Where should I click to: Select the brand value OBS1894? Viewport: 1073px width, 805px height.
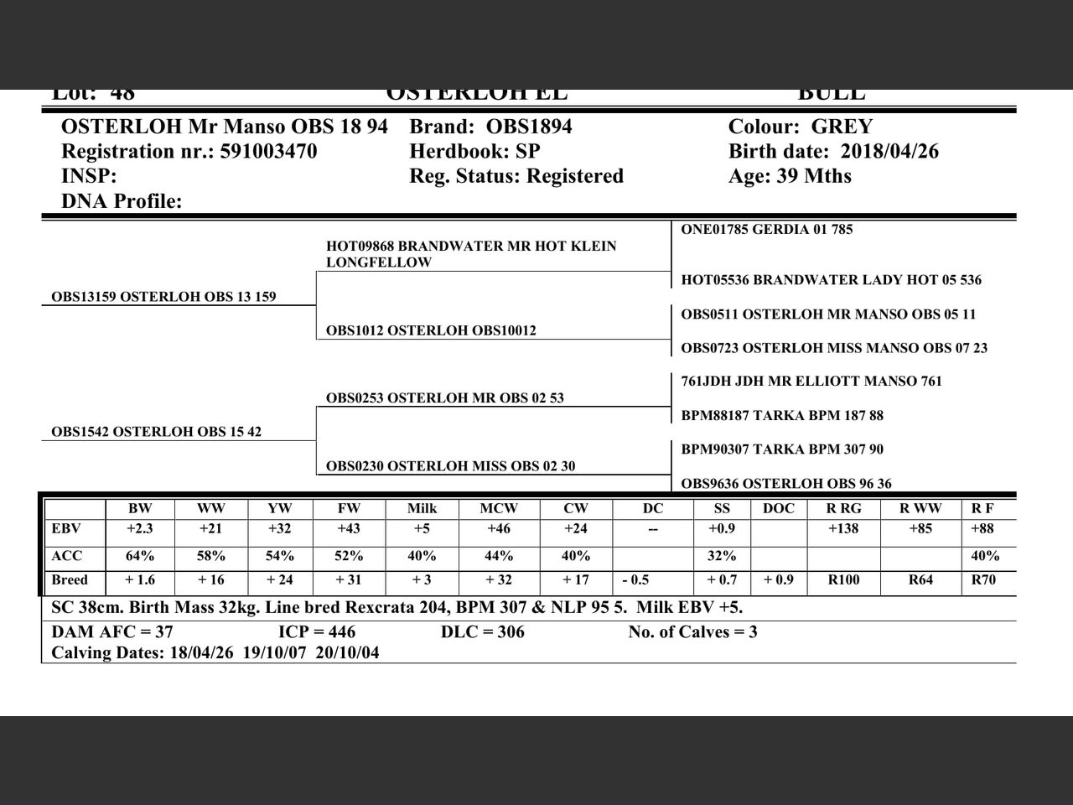pyautogui.click(x=529, y=127)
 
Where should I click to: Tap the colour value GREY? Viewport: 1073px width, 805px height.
pyautogui.click(x=842, y=127)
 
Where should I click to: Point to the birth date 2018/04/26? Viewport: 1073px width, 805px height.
pyautogui.click(x=889, y=152)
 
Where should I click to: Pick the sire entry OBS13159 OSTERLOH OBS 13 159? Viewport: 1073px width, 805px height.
pyautogui.click(x=163, y=297)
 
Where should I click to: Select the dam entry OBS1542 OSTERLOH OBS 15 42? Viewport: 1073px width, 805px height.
pyautogui.click(x=156, y=432)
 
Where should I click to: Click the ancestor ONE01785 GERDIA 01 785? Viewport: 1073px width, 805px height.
pyautogui.click(x=767, y=230)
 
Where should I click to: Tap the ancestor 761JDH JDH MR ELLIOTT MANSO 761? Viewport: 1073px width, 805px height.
pyautogui.click(x=811, y=382)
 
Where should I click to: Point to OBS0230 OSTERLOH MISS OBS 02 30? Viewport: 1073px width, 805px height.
pyautogui.click(x=450, y=466)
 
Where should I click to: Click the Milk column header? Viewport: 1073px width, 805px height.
pyautogui.click(x=422, y=508)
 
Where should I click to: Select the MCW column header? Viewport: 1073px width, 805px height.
pyautogui.click(x=499, y=508)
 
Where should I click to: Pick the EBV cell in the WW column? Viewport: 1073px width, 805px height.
pyautogui.click(x=211, y=529)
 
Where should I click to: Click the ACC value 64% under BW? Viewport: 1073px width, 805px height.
pyautogui.click(x=140, y=556)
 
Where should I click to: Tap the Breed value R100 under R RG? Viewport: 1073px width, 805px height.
pyautogui.click(x=843, y=580)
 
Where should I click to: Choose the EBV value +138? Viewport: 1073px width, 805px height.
pyautogui.click(x=843, y=529)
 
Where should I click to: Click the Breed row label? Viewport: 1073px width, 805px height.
pyautogui.click(x=70, y=580)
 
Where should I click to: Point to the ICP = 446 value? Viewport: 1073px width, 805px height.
pyautogui.click(x=317, y=632)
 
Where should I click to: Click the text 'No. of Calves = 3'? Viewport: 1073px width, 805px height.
pyautogui.click(x=692, y=632)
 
